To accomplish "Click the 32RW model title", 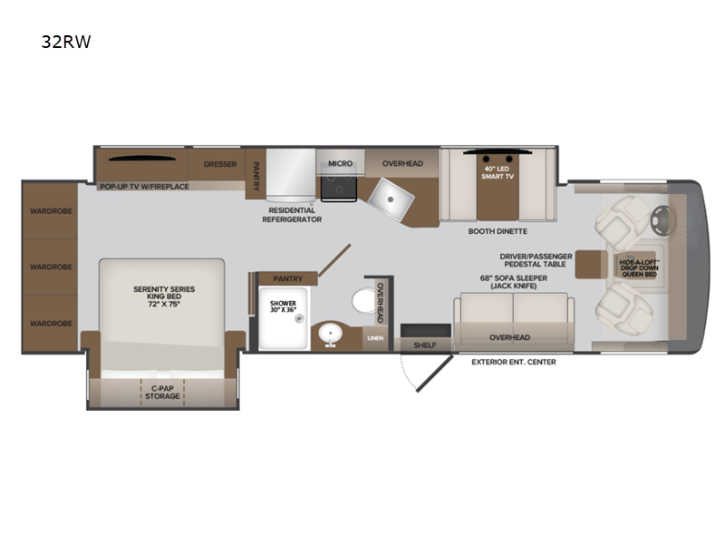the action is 66,42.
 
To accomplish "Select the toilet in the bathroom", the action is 364,301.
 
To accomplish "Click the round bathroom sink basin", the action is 330,333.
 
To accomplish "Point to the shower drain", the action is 300,318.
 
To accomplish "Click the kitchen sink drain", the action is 391,199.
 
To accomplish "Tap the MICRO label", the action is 341,164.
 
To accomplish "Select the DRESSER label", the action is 220,164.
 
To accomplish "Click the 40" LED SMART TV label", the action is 498,172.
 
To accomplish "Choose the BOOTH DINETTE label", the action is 498,231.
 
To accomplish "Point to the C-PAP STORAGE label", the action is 162,393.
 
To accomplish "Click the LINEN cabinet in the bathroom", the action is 375,338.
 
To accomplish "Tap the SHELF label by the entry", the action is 425,345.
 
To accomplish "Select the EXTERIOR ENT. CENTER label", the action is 514,362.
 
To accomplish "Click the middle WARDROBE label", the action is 51,267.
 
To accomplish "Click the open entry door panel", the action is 435,374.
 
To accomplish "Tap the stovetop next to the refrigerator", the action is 339,189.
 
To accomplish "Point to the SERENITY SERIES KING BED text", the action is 164,296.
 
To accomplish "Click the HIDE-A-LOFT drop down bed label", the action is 640,268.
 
